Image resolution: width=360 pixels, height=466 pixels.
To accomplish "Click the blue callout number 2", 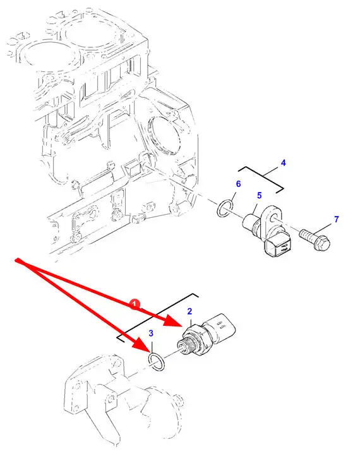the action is pos(189,311).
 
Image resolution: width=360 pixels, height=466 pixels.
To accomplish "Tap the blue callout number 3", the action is pos(151,333).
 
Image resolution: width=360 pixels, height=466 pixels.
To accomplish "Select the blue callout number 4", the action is pos(283,163).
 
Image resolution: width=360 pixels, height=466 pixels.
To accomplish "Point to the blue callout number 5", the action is pos(259,196).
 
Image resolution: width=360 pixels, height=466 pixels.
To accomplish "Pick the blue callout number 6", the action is pos(238,184).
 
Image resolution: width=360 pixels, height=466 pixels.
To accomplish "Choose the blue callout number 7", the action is pos(336,219).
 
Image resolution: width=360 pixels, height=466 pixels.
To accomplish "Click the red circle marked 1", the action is pos(135,304).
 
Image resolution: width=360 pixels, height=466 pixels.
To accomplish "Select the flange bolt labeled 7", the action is pos(315,239).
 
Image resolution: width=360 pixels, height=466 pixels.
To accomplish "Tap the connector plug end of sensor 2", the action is pos(222,329).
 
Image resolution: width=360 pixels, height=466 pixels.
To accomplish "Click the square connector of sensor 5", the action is pos(277,248).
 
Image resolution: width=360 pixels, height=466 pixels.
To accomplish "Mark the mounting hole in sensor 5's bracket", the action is pos(274,220).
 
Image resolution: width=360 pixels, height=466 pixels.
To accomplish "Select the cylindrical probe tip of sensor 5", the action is pos(249,223).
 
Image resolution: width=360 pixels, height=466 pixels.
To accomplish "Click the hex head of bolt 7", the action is pos(322,243).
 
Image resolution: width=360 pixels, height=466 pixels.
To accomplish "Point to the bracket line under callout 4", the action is pos(261,177).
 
